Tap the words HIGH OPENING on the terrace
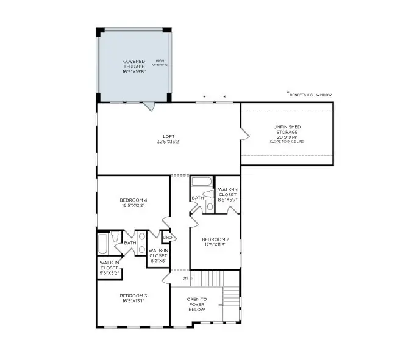pos(160,62)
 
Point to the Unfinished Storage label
pos(286,130)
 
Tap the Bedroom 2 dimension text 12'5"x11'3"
pos(215,244)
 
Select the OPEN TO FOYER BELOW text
pos(196,304)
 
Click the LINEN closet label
pos(168,237)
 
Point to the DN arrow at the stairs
pos(187,278)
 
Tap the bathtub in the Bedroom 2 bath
pos(201,182)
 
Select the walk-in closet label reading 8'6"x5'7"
pos(227,194)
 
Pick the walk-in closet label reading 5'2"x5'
pos(158,255)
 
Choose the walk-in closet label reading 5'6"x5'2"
pos(109,267)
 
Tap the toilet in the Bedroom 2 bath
pos(210,206)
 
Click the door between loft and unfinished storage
pos(244,133)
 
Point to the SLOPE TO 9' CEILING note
pos(287,142)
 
